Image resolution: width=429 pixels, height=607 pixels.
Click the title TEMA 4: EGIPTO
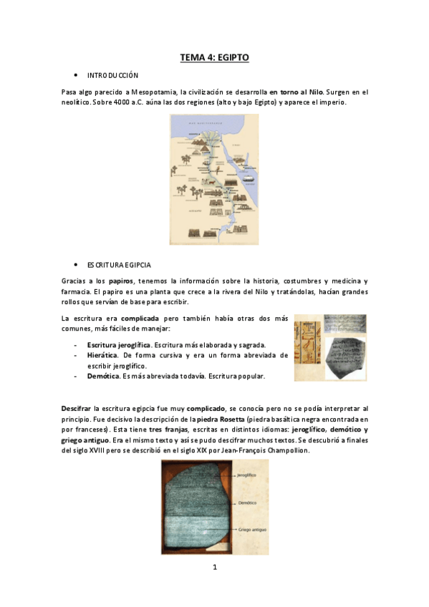tap(214, 57)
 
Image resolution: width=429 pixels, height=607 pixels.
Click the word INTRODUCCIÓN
tap(112, 75)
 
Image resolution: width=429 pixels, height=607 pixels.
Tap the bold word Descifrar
tap(77, 407)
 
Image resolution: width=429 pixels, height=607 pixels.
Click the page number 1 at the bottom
tap(214, 568)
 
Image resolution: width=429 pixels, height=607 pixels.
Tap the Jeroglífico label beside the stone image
tap(247, 474)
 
